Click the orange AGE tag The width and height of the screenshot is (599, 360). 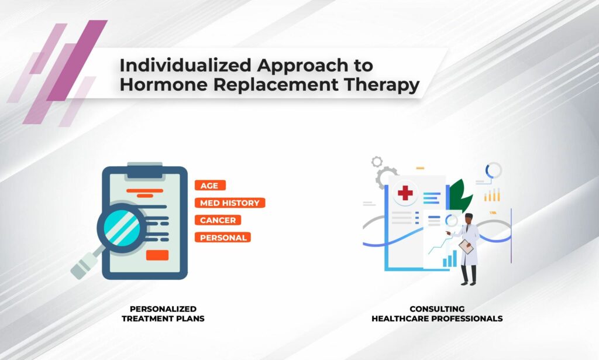click(210, 186)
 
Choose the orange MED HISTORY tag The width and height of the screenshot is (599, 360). click(230, 203)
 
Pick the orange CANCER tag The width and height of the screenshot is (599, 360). click(218, 220)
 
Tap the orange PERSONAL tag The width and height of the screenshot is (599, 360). click(223, 237)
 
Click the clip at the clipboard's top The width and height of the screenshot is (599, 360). click(145, 170)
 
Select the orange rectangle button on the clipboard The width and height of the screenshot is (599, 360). click(157, 255)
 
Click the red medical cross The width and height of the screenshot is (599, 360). click(405, 192)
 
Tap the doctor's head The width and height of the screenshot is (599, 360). click(469, 218)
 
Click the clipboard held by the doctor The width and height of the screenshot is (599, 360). click(466, 246)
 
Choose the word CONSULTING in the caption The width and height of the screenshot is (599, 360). click(437, 309)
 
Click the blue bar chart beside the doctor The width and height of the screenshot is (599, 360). click(450, 259)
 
